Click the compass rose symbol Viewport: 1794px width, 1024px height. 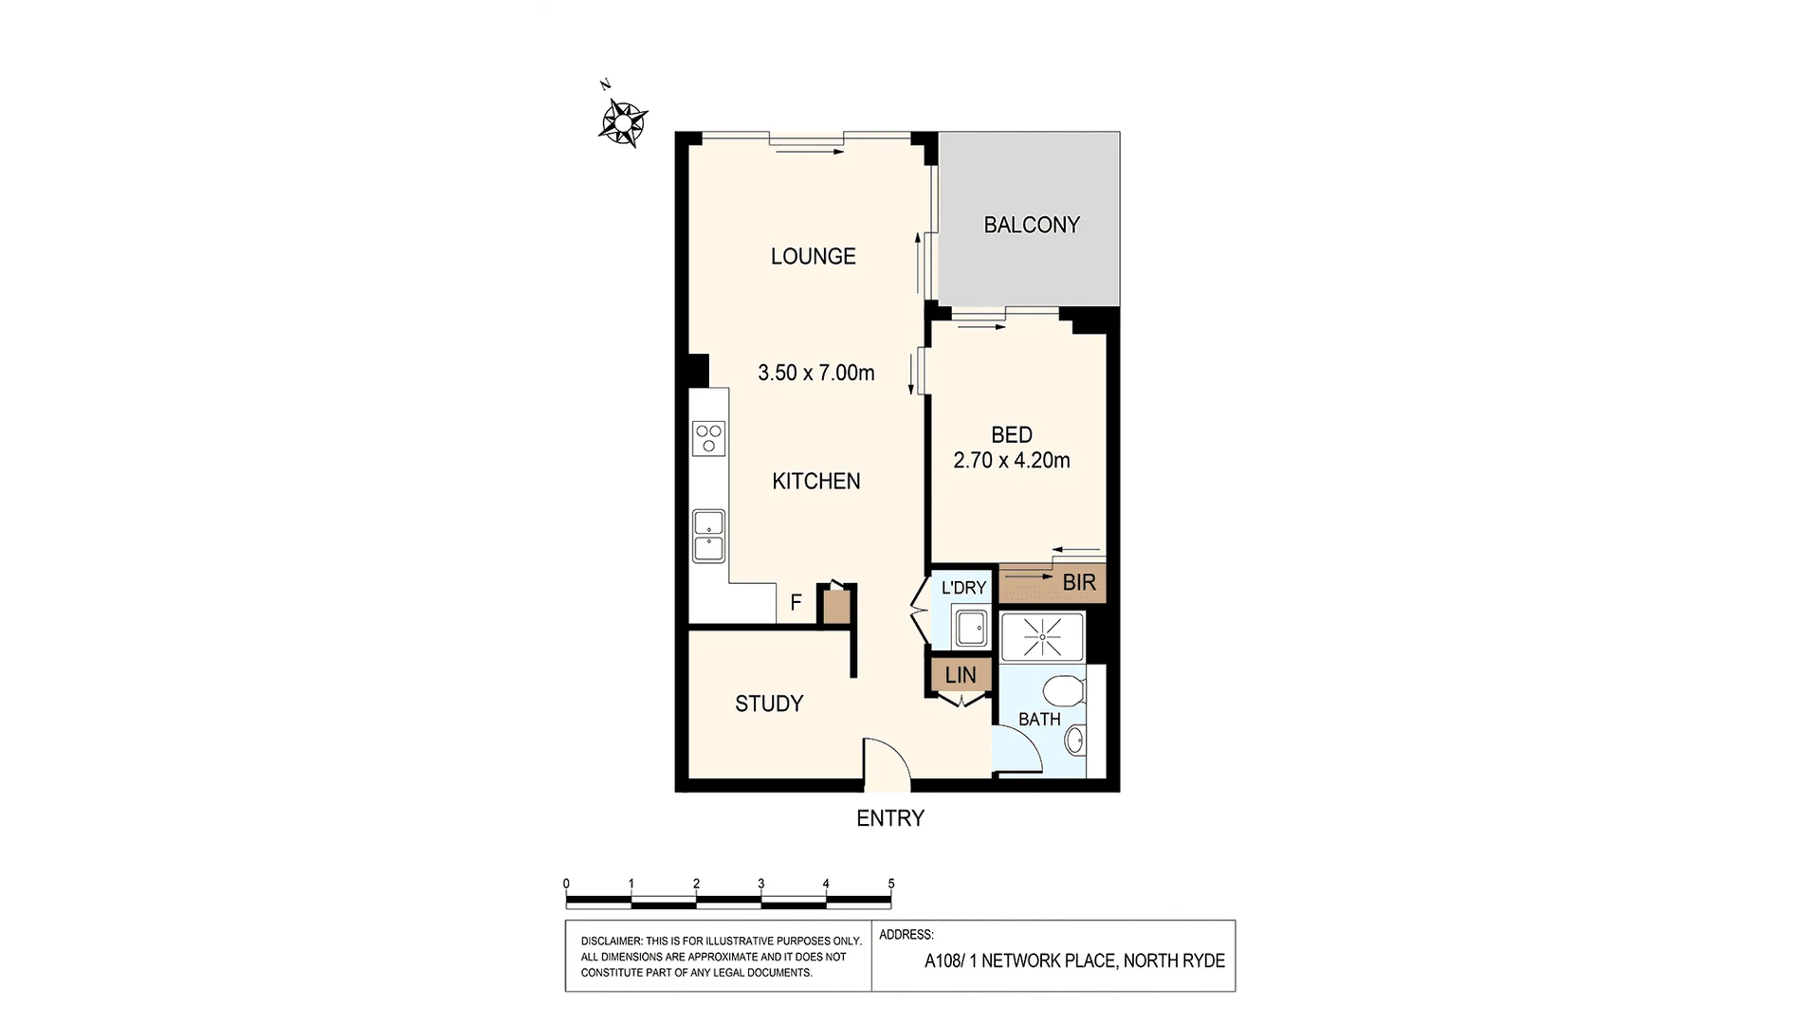tap(623, 122)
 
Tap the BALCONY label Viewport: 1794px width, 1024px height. tap(1032, 225)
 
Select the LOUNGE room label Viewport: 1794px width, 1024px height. tap(813, 256)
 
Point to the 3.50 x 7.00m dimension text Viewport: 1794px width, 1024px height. tap(815, 373)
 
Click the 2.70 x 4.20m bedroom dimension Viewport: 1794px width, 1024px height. tap(1011, 461)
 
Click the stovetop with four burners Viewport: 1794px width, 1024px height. tap(708, 438)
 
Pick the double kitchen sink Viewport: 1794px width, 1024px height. tap(708, 536)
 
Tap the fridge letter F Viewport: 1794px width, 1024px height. tap(796, 602)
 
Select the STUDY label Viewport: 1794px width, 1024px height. tap(769, 704)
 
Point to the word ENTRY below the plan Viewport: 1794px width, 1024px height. tap(889, 818)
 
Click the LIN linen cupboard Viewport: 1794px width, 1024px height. tap(960, 675)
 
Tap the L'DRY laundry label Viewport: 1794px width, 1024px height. tap(963, 588)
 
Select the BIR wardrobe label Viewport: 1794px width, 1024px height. tap(1079, 582)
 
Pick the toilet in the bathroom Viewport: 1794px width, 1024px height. tap(1063, 690)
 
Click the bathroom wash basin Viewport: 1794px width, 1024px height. tap(1074, 741)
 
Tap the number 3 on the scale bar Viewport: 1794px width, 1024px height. tap(761, 884)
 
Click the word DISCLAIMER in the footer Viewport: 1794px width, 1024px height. tap(611, 941)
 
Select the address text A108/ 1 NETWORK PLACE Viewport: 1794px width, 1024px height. tap(1019, 961)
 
